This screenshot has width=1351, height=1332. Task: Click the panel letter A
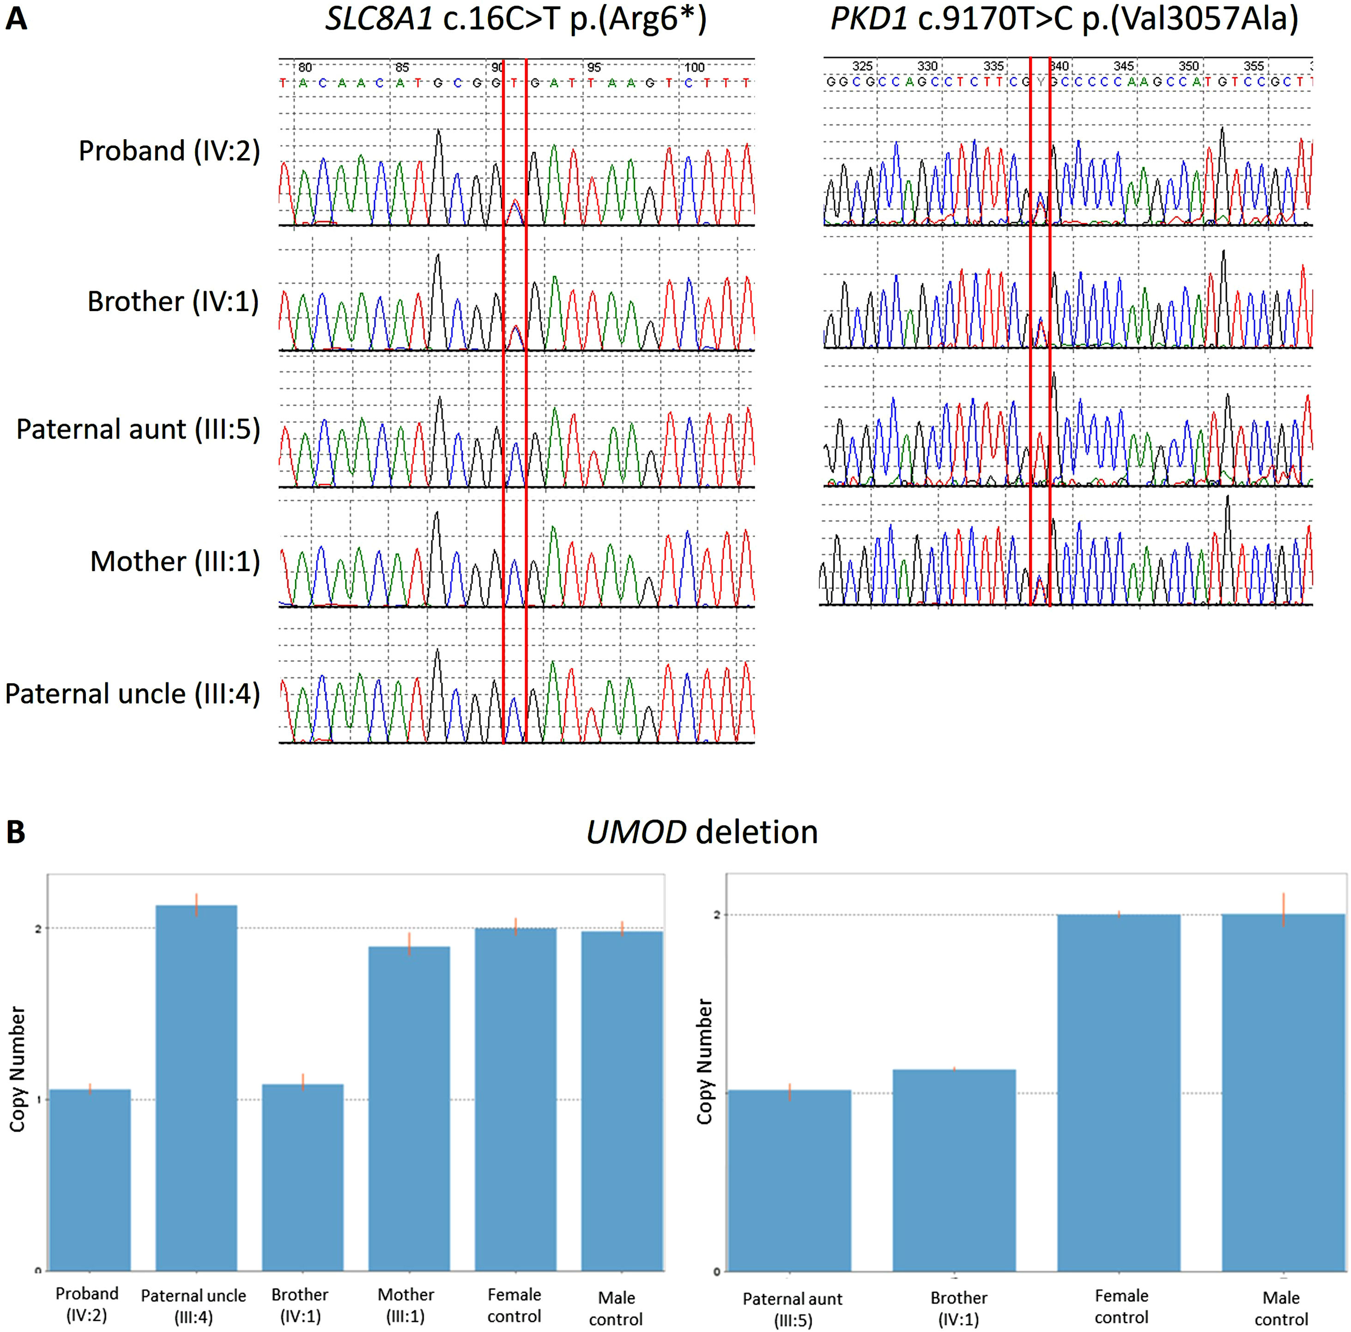coord(17,19)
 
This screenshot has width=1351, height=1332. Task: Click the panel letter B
coord(15,832)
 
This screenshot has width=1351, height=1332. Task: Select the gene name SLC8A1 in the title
coord(379,19)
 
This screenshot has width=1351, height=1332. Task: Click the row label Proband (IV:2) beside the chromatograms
coord(169,151)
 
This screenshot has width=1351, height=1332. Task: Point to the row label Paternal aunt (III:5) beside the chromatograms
coord(138,429)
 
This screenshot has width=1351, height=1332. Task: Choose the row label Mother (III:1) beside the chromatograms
coord(175,562)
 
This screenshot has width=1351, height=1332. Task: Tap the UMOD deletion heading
coord(702,832)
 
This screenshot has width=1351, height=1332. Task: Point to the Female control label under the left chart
coord(514,1305)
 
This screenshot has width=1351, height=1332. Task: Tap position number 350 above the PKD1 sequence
coord(1189,66)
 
